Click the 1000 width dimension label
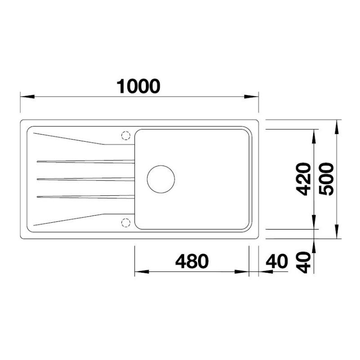pos(138,86)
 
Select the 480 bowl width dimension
pos(192,261)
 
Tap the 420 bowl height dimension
pos(303,179)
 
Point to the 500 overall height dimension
pos(326,179)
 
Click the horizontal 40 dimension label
pos(277,261)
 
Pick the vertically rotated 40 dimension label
pos(303,262)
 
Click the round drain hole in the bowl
pos(161,166)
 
